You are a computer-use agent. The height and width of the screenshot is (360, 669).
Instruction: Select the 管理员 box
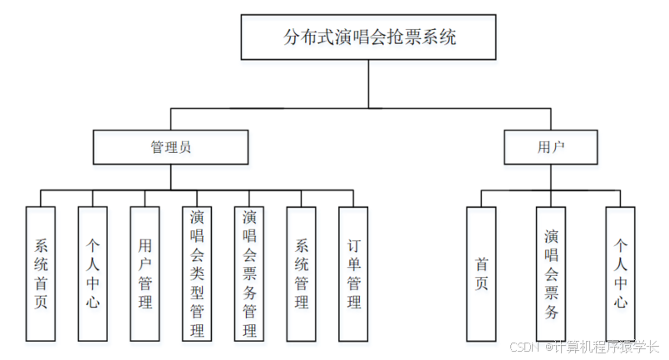click(x=170, y=147)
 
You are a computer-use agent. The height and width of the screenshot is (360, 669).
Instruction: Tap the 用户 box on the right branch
click(x=551, y=147)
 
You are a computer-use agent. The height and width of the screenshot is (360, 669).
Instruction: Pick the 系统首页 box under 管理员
click(x=41, y=274)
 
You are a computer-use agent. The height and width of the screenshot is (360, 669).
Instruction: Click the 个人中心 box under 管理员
click(x=93, y=274)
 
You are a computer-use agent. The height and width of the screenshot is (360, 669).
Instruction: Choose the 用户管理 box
click(x=145, y=274)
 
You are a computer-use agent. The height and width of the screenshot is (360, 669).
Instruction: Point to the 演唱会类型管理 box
click(x=197, y=274)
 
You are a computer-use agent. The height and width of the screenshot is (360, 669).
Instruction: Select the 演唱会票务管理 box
click(x=249, y=274)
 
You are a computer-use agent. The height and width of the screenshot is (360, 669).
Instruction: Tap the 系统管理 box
click(x=302, y=274)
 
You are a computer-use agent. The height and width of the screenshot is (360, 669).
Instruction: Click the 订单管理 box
click(x=353, y=274)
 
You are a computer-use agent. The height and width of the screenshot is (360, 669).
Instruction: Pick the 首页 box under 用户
click(x=481, y=274)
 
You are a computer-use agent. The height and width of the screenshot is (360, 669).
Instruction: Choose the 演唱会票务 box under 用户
click(x=551, y=274)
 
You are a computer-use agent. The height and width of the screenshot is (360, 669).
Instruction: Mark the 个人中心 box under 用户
click(x=620, y=274)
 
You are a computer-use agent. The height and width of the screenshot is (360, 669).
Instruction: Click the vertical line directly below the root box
click(x=369, y=84)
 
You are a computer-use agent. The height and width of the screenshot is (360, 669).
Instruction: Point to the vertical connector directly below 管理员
click(x=170, y=176)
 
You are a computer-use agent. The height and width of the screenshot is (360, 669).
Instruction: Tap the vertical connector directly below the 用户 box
click(x=551, y=176)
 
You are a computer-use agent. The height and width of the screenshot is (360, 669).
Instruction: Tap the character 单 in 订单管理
click(x=353, y=265)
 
